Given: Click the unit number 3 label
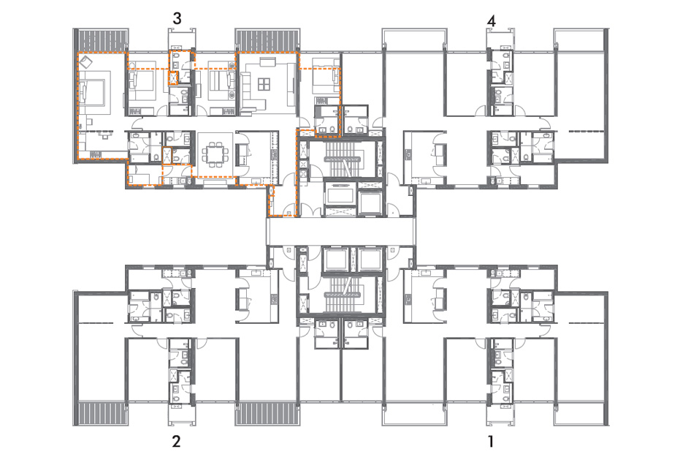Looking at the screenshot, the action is click(x=177, y=18).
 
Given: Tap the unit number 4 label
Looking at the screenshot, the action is click(x=492, y=20).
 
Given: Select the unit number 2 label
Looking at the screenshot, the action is click(x=177, y=441).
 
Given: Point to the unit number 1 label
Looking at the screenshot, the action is click(x=491, y=442).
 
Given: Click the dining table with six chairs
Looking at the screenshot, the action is click(x=215, y=154).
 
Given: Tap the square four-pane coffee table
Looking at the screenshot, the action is click(x=264, y=84).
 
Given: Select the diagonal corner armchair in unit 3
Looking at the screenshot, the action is click(x=85, y=61).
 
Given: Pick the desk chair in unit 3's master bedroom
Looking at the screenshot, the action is click(x=106, y=135).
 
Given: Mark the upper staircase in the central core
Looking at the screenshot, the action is click(x=346, y=160).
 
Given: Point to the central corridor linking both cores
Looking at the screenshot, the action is click(x=341, y=231).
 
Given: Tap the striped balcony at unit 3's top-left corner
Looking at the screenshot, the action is click(x=102, y=40).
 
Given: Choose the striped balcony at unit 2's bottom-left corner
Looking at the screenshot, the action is click(x=102, y=413).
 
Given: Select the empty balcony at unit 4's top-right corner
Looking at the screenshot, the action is click(x=581, y=40).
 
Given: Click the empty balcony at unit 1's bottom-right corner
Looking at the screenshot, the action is click(x=581, y=414).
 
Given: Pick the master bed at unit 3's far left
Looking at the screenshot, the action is click(x=93, y=94).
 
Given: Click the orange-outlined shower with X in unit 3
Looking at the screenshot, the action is click(x=172, y=78).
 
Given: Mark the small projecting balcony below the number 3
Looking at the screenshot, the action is click(x=181, y=39).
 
